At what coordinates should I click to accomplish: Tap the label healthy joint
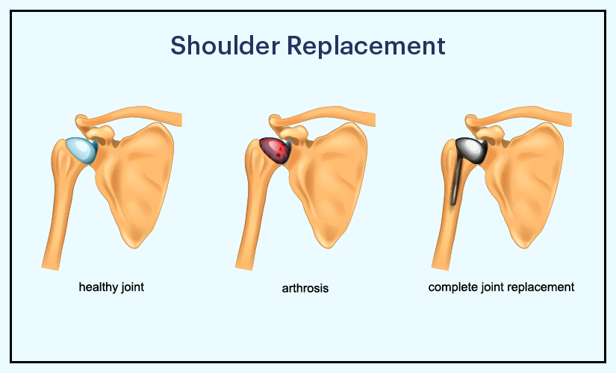[111, 286]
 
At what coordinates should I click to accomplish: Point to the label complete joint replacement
[501, 286]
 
